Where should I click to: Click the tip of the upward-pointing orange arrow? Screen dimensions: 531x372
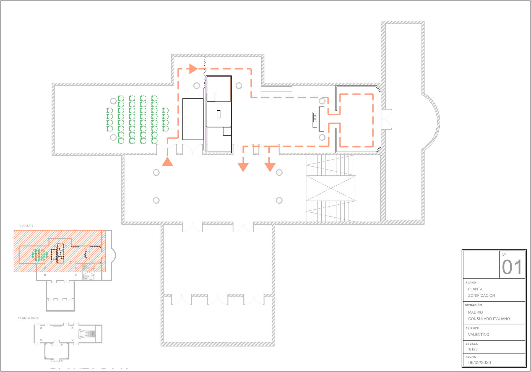pos(167,157)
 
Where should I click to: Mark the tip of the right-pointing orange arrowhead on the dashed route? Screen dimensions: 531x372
pos(198,69)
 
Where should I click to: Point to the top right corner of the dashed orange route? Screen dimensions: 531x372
pos(373,94)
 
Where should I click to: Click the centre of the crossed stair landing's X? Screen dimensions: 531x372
pos(331,188)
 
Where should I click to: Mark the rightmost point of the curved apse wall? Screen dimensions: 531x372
pos(440,121)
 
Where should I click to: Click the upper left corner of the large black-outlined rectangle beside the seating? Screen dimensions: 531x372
pos(183,98)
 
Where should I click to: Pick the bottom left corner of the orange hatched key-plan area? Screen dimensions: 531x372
pos(14,272)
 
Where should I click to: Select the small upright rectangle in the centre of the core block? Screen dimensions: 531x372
pos(218,114)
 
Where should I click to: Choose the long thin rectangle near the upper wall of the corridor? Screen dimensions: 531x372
pos(276,89)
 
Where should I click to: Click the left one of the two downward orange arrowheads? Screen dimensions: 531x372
pos(243,167)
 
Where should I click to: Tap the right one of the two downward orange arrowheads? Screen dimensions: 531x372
pos(270,167)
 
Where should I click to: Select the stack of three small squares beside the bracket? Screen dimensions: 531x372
pos(315,119)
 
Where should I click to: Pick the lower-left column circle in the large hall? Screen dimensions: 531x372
pos(156,200)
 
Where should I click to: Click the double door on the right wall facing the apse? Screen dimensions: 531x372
pos(386,119)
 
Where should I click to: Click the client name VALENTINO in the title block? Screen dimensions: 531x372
pos(478,334)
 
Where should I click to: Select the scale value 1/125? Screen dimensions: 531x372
pos(473,349)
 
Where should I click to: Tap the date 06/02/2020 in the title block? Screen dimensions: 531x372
pos(480,362)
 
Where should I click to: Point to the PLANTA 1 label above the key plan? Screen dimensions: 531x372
pos(26,226)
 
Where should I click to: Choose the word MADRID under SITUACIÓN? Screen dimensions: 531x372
pos(475,312)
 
